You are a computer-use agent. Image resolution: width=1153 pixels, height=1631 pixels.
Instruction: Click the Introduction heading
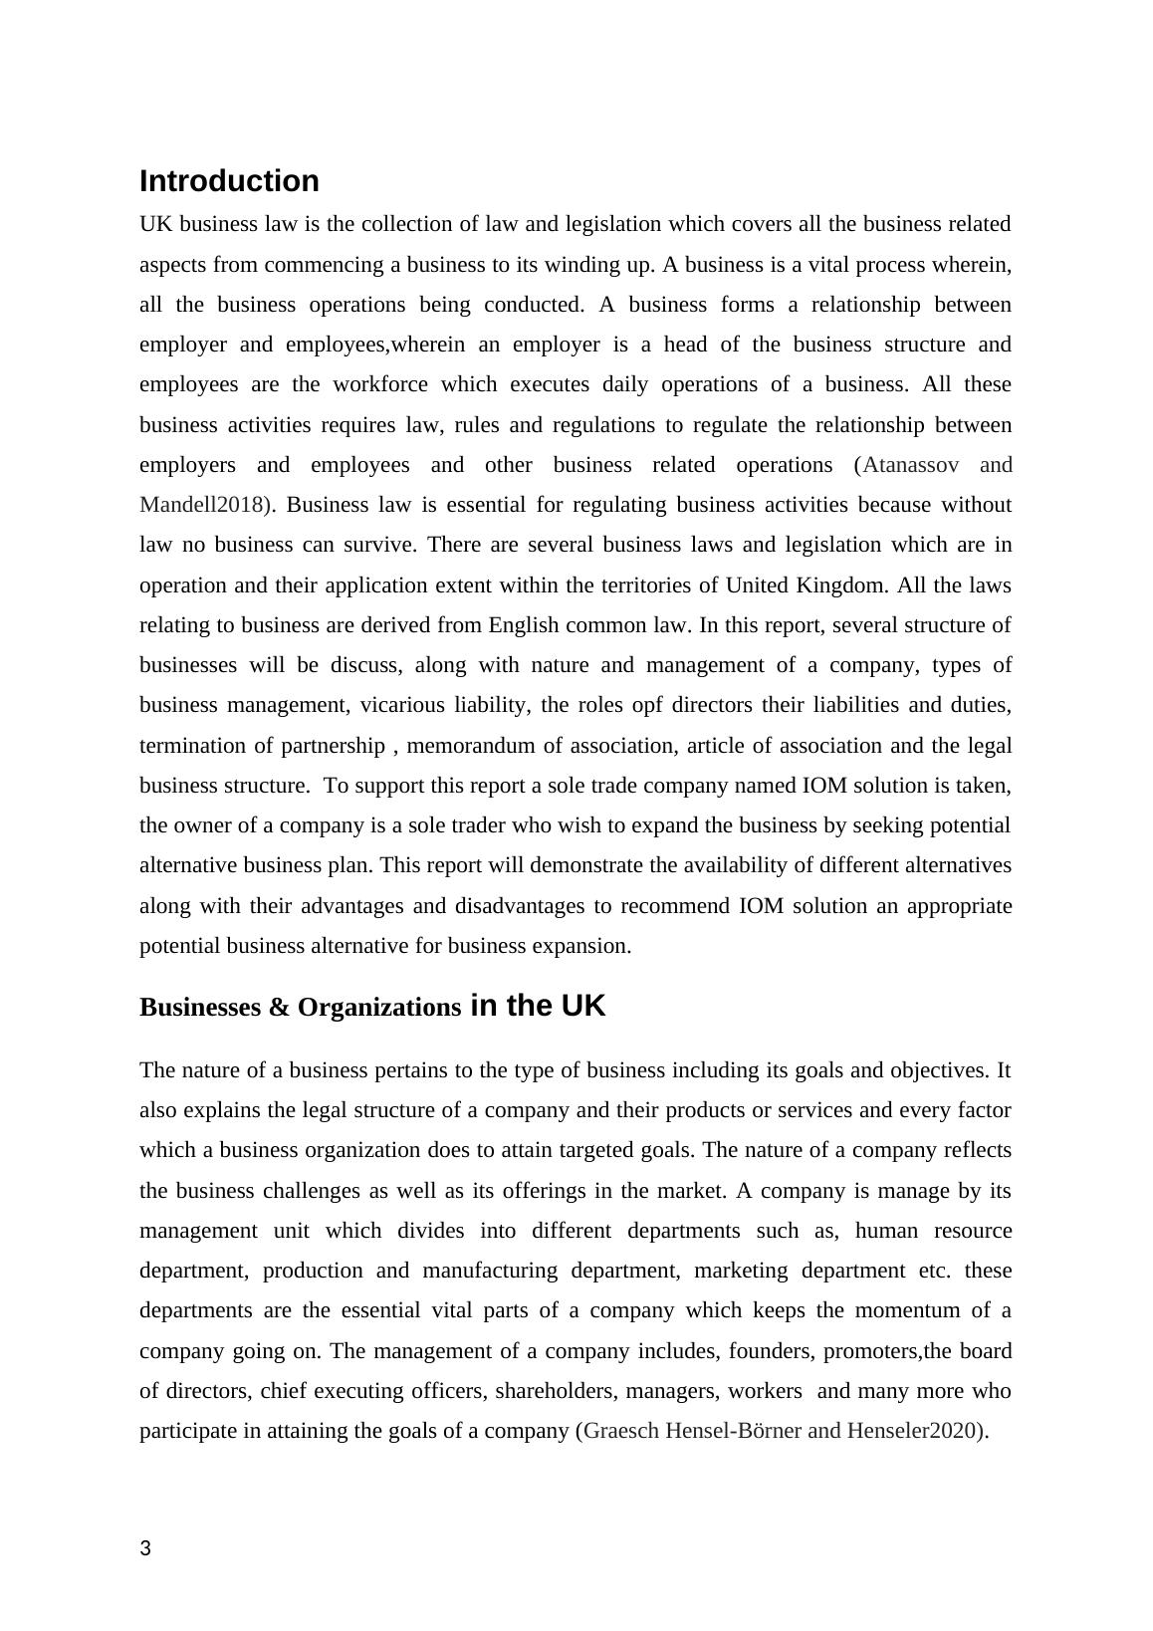[x=229, y=181]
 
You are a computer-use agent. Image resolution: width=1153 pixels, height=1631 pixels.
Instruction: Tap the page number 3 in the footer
[x=145, y=1548]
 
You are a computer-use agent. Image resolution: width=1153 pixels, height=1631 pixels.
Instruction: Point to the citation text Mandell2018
[x=203, y=505]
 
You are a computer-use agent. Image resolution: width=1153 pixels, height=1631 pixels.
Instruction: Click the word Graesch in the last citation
[x=619, y=1431]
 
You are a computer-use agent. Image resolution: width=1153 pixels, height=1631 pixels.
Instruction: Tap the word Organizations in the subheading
[x=379, y=1008]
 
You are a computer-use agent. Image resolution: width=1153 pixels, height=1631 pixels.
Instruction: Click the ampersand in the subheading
[x=278, y=1008]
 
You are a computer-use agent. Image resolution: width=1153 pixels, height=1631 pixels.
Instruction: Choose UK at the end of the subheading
[x=582, y=1006]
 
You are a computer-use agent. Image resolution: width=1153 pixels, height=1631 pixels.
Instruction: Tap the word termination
[x=192, y=746]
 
